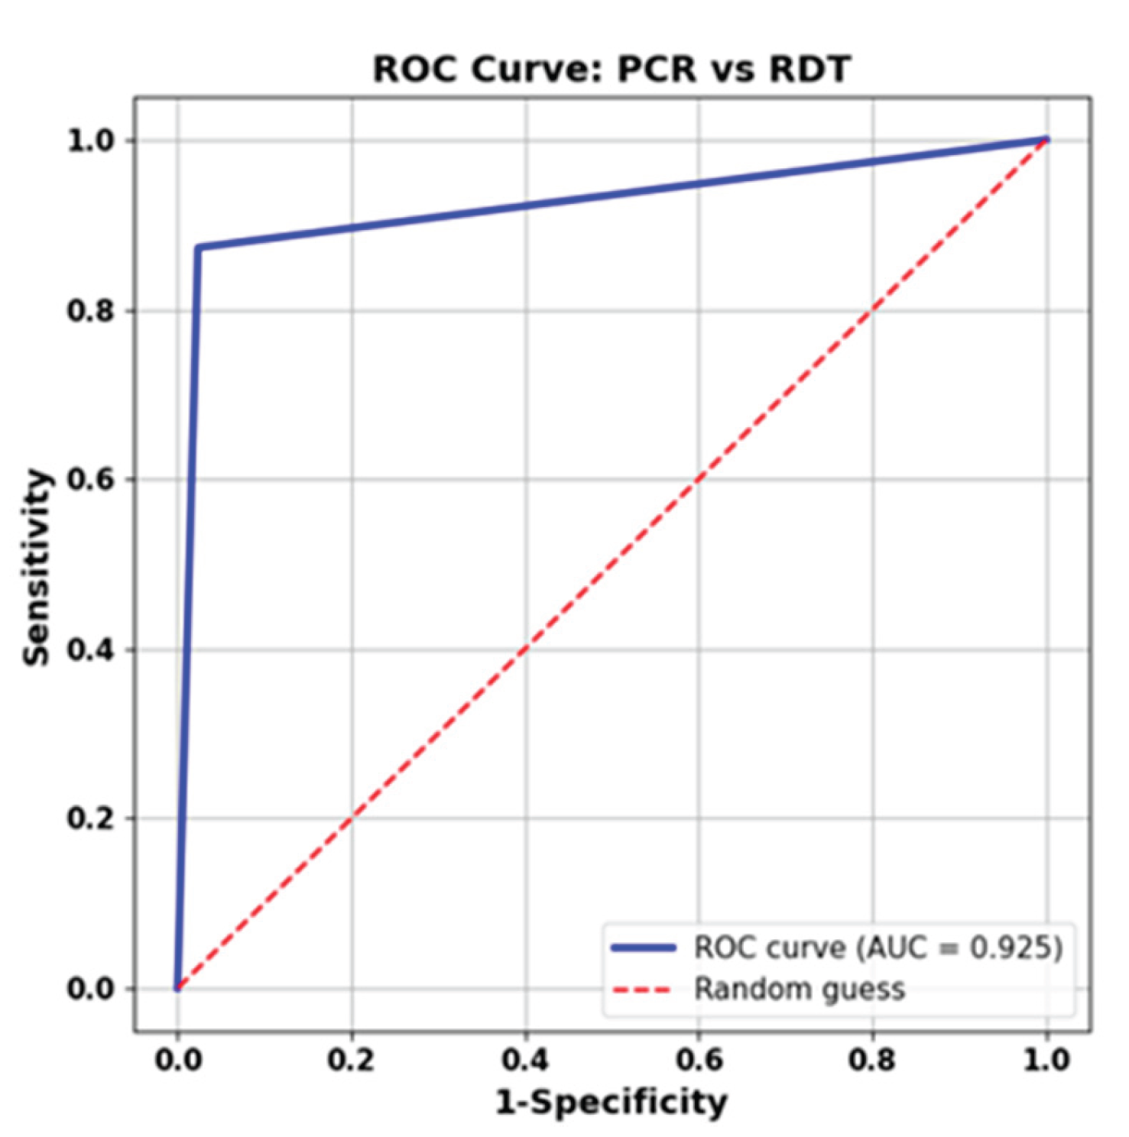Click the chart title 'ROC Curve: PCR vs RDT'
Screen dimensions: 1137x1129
pos(611,70)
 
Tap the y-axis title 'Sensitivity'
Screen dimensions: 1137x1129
pos(36,568)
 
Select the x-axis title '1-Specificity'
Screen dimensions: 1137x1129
pos(612,1102)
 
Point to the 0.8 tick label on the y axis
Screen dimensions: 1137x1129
pos(90,311)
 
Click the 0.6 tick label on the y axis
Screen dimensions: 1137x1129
pos(90,480)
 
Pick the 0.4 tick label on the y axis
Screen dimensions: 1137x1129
pos(90,650)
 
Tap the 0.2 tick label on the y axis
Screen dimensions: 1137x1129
pos(90,818)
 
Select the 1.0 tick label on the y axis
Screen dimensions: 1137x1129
pos(90,141)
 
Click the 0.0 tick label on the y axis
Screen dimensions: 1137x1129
pos(90,989)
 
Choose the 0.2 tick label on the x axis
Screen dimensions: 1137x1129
pos(351,1060)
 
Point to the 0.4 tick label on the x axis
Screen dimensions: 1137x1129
pos(525,1060)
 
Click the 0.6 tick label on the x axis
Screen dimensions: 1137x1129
pos(699,1060)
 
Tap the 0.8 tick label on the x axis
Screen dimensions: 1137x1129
pos(873,1060)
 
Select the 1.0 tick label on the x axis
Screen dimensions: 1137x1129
pos(1046,1060)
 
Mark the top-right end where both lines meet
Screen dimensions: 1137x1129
pos(1046,140)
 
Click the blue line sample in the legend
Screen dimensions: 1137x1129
pos(643,948)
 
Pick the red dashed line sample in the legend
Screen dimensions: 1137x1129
pos(643,990)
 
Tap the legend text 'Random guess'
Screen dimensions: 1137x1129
pos(799,990)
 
